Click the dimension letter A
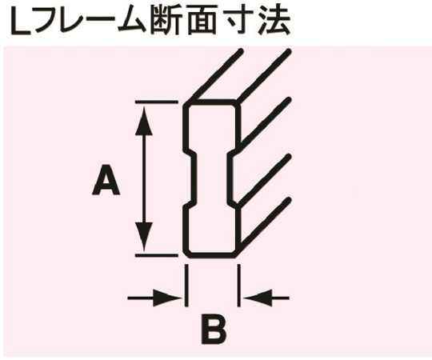pos(106,179)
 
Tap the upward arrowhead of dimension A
pos(144,120)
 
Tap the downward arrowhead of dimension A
pos(144,236)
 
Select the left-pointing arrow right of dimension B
pos(266,298)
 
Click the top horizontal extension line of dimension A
pos(156,102)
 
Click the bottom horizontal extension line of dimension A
pos(156,256)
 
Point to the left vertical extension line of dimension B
pos(186,286)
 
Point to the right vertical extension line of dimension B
pos(238,286)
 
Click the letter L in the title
pos(20,22)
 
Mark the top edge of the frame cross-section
pos(211,102)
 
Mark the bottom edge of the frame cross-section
pos(211,255)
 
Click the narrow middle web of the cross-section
pos(211,179)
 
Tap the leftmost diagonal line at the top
pos(215,75)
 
